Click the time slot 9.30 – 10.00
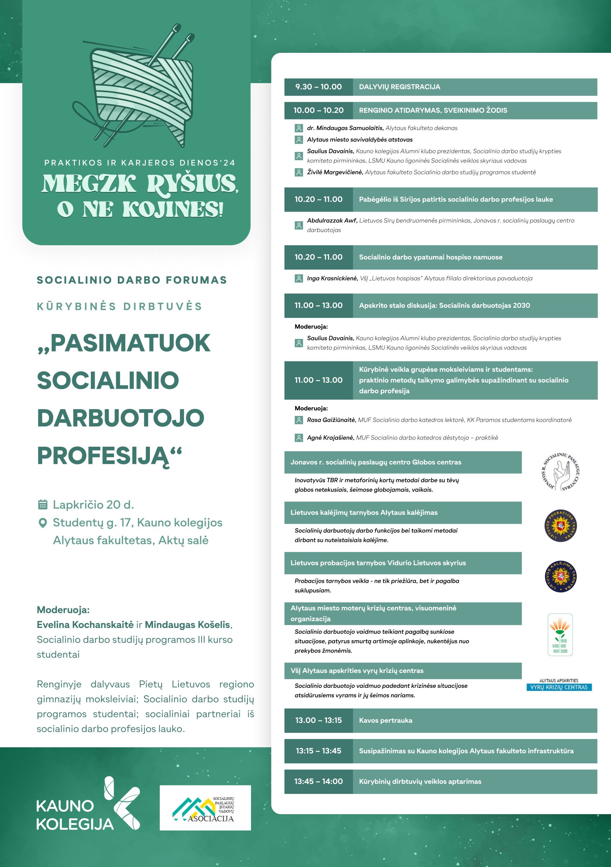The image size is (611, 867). coord(318,87)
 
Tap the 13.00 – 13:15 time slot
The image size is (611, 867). coord(318,720)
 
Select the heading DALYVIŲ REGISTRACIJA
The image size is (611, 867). coord(399,87)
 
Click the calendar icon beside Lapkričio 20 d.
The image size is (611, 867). coord(43,505)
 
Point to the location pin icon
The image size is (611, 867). coord(43,523)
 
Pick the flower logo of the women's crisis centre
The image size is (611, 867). coord(560,634)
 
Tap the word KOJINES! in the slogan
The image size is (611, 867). coord(173,210)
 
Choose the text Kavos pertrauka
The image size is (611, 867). coord(385,720)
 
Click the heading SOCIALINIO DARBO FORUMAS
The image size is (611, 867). coord(132,280)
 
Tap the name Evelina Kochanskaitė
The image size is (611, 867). coord(85,625)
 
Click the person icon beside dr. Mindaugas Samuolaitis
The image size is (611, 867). coord(299,128)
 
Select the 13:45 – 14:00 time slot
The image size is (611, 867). coord(318,781)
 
